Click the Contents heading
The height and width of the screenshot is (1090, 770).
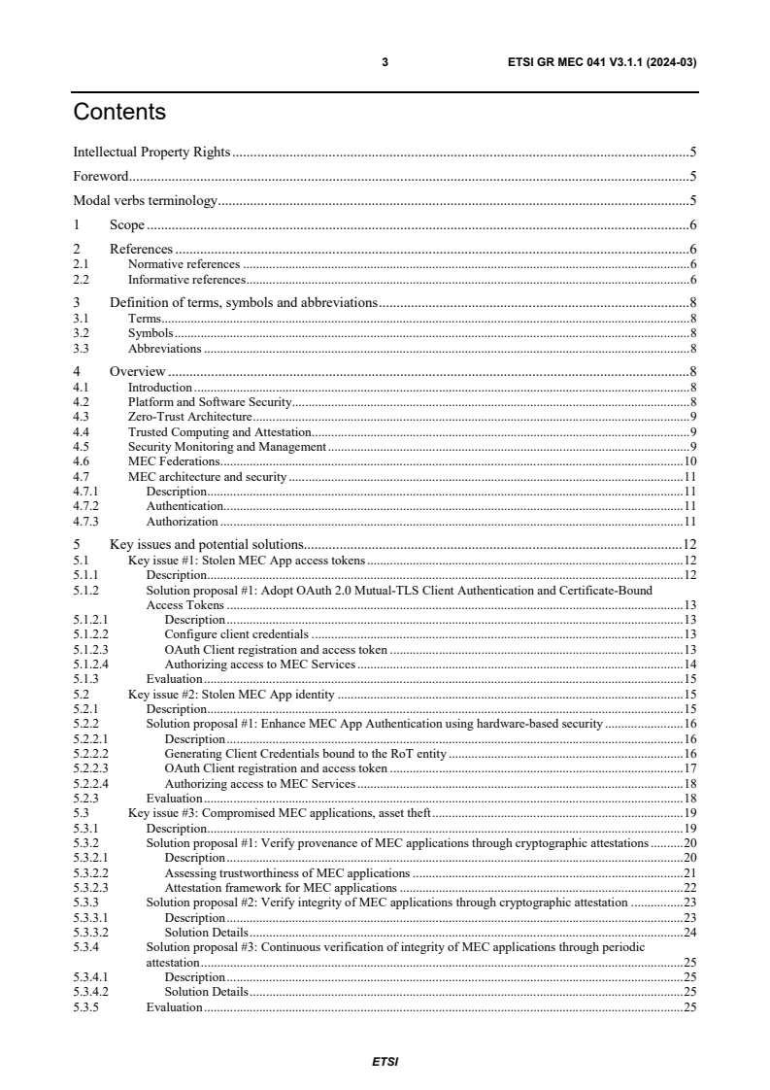pos(119,113)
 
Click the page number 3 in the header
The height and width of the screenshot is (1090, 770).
pos(385,62)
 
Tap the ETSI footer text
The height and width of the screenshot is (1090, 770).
pos(385,1061)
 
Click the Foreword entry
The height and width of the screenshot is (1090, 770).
pos(101,177)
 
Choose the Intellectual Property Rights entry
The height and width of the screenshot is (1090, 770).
pos(151,152)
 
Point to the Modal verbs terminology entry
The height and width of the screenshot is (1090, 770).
pos(145,202)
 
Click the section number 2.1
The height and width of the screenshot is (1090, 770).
pos(82,264)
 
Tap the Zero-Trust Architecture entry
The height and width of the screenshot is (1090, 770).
pos(190,416)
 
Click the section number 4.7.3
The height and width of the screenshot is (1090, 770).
pos(85,522)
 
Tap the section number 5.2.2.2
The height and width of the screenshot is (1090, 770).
pos(90,754)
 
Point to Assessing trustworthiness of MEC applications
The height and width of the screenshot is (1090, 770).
pos(286,873)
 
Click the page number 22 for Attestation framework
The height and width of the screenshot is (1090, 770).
pos(690,888)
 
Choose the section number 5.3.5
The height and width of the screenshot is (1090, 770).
pos(85,1007)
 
